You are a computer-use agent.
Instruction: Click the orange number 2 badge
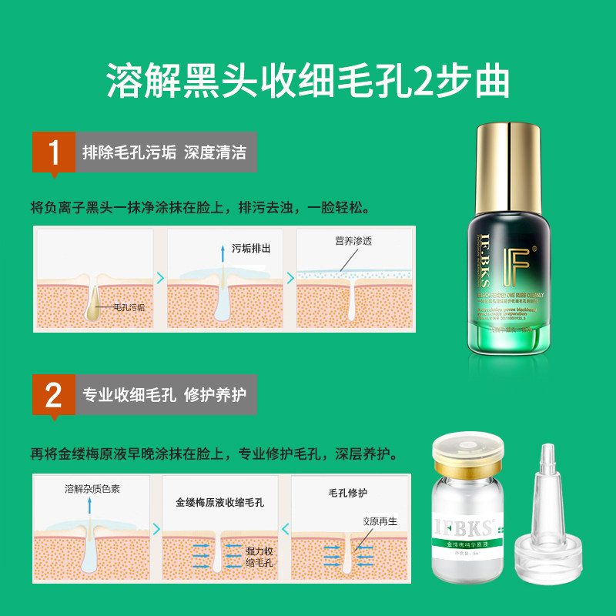tap(53, 395)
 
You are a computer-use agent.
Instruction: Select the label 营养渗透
tap(353, 241)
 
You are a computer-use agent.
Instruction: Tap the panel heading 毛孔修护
tap(348, 493)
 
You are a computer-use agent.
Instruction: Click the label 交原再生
tap(380, 521)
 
